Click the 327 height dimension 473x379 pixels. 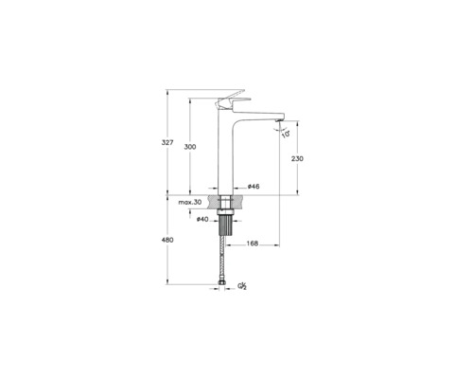coord(167,142)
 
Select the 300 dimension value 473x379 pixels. coord(190,148)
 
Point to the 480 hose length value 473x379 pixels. coord(167,241)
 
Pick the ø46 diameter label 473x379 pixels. coord(254,188)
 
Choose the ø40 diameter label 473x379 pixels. coord(202,220)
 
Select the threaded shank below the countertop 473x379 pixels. coord(225,228)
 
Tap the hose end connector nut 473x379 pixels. coord(225,280)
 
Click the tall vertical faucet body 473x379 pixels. coord(225,152)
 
